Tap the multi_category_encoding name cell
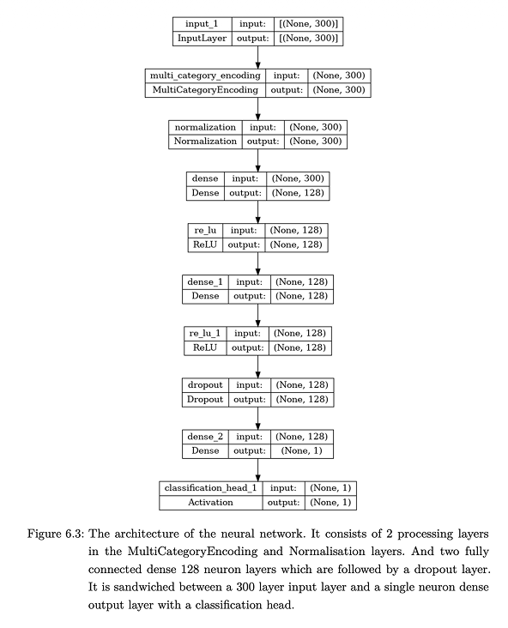[204, 75]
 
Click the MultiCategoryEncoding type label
[204, 90]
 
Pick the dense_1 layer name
[204, 281]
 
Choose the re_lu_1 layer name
[206, 333]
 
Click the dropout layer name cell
[204, 384]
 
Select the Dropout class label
[204, 400]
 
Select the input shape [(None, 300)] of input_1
[305, 23]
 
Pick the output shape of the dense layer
[298, 193]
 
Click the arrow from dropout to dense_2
[257, 418]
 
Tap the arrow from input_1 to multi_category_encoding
[257, 57]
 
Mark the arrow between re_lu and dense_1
[257, 263]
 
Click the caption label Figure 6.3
[51, 534]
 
